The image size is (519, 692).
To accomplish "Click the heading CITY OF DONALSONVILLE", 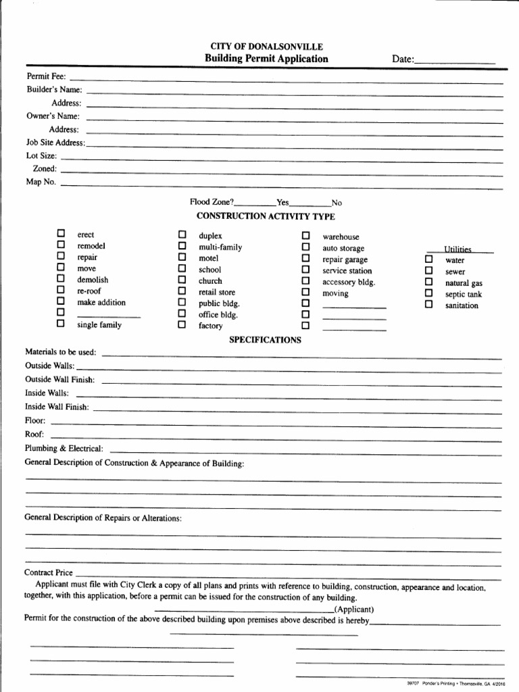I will [266, 47].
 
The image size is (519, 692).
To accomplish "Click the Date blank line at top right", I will [455, 60].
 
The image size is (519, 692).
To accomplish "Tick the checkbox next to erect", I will [61, 234].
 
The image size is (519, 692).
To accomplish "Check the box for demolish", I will [61, 278].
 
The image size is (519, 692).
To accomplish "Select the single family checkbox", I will [61, 324].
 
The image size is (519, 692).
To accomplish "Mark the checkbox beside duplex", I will [181, 234].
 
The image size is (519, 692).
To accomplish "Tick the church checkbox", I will [181, 280].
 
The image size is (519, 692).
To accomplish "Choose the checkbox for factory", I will [181, 325].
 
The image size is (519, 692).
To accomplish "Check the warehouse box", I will [305, 235].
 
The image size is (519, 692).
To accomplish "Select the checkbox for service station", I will [305, 270].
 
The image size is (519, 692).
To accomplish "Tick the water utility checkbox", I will [428, 259].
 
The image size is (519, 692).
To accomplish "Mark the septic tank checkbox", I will [428, 293].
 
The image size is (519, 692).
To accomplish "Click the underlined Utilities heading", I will [458, 249].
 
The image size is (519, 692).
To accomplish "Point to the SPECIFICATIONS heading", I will [265, 339].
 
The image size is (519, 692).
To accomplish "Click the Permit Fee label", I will [45, 76].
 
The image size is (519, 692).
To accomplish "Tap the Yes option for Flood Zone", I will [282, 203].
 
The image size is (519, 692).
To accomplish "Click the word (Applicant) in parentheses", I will [353, 609].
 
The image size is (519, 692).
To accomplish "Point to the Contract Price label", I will [48, 572].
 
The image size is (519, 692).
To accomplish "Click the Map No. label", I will [41, 182].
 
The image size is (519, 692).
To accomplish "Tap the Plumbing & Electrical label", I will [64, 448].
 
